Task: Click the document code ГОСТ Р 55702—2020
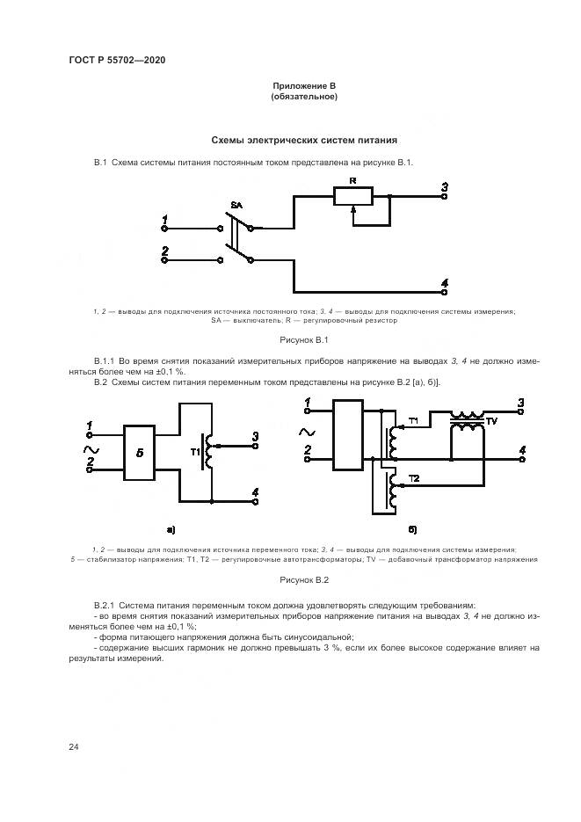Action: tap(117, 61)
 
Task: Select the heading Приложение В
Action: tap(304, 86)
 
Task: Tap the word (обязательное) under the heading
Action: tap(304, 97)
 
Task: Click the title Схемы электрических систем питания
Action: tap(304, 140)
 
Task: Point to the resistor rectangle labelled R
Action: tap(352, 196)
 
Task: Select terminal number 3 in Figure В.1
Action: tap(445, 186)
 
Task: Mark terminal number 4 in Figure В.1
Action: tap(445, 282)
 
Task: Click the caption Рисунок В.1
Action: tap(304, 339)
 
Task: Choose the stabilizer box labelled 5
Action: tap(139, 453)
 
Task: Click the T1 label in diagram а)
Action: tap(197, 452)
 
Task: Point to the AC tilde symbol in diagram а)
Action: tap(90, 449)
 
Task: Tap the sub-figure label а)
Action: tap(171, 528)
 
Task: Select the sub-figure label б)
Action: tap(412, 528)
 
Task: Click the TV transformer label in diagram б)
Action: tap(491, 421)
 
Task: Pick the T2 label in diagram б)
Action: tap(415, 477)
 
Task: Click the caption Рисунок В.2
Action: tap(304, 580)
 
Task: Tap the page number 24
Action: tap(74, 746)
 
